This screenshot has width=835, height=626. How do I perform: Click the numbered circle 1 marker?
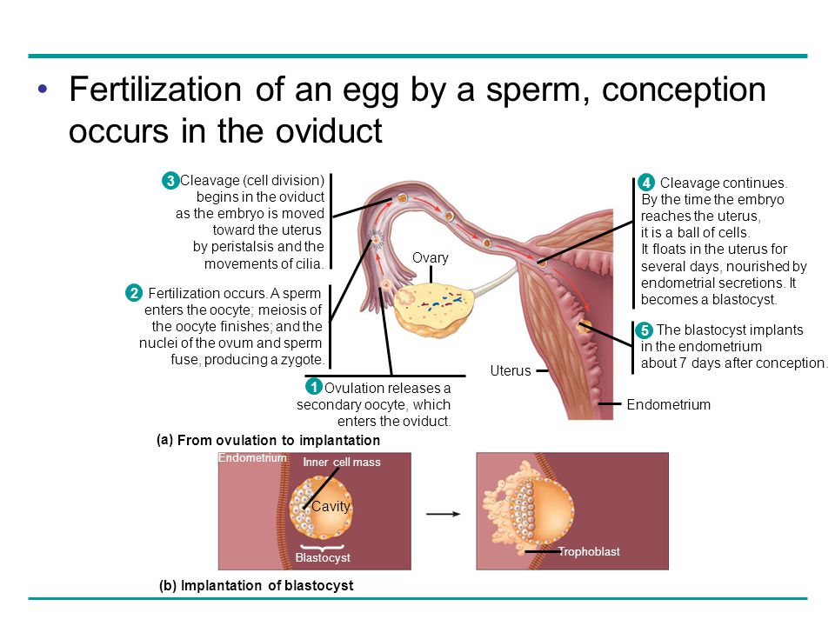click(x=313, y=387)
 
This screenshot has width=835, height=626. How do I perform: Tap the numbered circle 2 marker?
click(x=134, y=294)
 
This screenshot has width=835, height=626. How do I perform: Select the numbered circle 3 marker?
click(x=170, y=181)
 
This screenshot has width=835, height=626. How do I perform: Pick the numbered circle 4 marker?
click(x=645, y=183)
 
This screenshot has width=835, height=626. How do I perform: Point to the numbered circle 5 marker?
click(x=644, y=330)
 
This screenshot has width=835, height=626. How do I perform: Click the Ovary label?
click(x=431, y=258)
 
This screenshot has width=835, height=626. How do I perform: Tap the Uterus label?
click(x=510, y=371)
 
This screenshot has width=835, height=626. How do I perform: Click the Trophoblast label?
click(x=589, y=552)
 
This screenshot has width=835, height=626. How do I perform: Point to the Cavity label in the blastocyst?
click(x=331, y=506)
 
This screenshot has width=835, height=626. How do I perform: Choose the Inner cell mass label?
click(x=342, y=463)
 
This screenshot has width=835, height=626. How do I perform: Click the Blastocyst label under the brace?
click(x=323, y=558)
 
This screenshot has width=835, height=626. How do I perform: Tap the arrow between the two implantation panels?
click(x=443, y=513)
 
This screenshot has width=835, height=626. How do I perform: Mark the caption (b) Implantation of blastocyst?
click(x=257, y=586)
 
